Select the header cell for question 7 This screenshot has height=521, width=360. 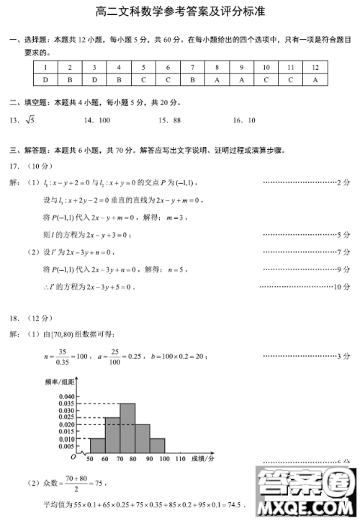tap(192, 67)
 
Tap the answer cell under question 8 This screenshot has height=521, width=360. tap(217, 79)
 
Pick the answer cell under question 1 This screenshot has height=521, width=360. tap(45, 79)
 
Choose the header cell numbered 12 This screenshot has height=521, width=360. tap(315, 67)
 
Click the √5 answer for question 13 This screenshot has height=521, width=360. tap(30, 120)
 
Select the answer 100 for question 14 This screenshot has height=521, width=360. tap(104, 120)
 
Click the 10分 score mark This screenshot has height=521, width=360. tap(342, 287)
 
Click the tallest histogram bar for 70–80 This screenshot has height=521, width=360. tap(127, 429)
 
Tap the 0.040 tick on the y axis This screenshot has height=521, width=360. tap(67, 396)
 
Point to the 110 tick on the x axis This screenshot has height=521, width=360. tap(180, 458)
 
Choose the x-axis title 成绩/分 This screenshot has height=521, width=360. tap(205, 458)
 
